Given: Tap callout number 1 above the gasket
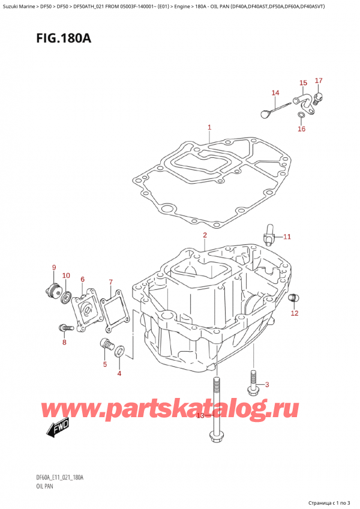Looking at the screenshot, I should pos(209,127).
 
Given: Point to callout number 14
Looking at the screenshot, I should pos(275,92).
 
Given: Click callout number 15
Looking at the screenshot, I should pos(303,83).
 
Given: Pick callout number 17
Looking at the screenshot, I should pos(319,80).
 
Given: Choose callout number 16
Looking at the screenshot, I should pos(301,128).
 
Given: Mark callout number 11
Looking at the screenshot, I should pos(287,236).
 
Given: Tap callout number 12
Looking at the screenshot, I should pos(294,313).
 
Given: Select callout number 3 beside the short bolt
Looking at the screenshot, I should pos(267,385).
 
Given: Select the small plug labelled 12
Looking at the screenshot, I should pos(294,298).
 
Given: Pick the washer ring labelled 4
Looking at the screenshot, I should pos(120,351).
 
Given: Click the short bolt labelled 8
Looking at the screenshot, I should pos(65,328).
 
